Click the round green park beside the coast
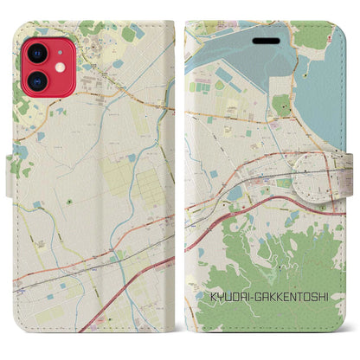pos(282,106)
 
